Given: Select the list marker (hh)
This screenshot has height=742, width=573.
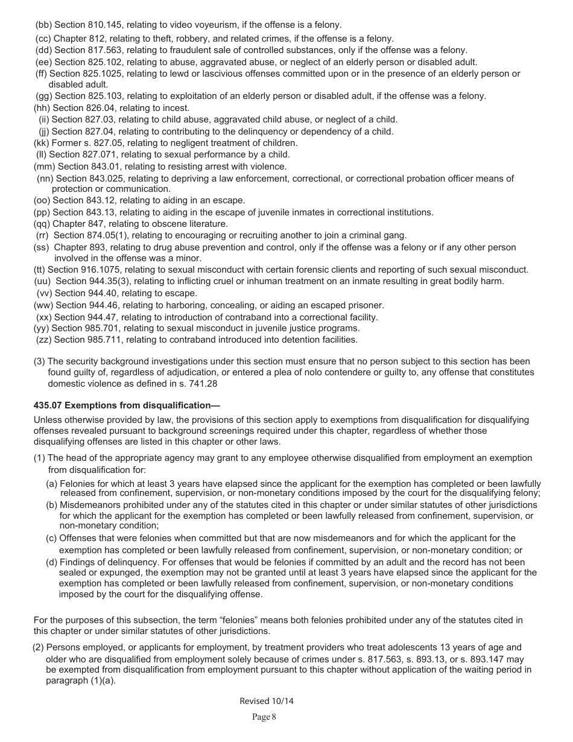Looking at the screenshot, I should pos(42,108).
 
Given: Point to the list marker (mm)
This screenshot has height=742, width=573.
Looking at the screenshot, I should pos(44,166).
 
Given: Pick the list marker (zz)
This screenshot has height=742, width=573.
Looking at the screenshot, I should pos(43,340).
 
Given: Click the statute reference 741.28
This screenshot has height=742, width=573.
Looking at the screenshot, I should pos(203,383).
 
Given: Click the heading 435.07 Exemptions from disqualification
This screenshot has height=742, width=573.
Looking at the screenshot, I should pos(127,405).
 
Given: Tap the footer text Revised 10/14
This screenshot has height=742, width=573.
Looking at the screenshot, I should pos(266,701).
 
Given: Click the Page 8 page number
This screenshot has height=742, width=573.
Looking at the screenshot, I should pos(264,717).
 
